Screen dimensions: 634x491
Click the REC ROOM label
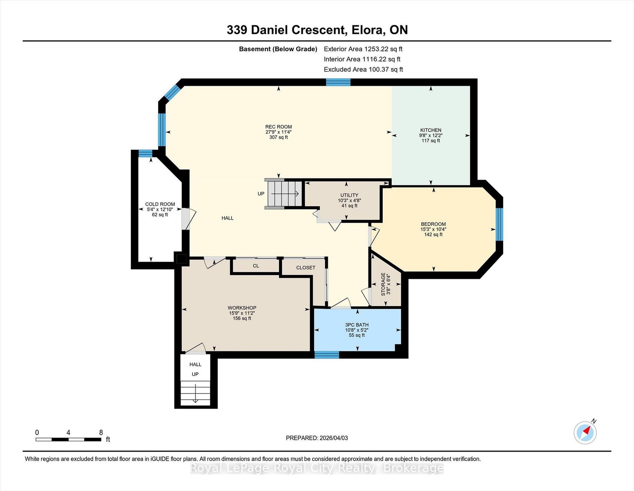tap(278, 127)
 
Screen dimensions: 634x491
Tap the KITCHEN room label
tap(431, 130)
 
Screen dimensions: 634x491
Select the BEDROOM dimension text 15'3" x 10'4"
tap(433, 229)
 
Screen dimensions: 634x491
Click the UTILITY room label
tap(349, 195)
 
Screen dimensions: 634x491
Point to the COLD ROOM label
tap(160, 204)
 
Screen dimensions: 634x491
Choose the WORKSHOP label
tap(242, 308)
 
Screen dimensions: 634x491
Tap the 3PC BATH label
tap(357, 325)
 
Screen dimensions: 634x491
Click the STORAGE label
tap(383, 284)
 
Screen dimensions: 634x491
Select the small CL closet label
tap(256, 266)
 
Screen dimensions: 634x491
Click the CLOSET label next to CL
tap(306, 268)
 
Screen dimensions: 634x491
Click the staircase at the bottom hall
tap(195, 393)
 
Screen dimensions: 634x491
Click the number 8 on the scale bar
tap(101, 432)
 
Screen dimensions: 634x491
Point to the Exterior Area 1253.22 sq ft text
tap(363, 49)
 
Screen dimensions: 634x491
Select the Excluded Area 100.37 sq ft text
tap(363, 70)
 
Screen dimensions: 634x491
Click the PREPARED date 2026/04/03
tap(333, 438)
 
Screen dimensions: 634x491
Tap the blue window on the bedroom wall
tap(500, 224)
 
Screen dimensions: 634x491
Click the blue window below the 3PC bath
tap(327, 355)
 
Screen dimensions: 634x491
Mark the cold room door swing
tap(189, 218)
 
